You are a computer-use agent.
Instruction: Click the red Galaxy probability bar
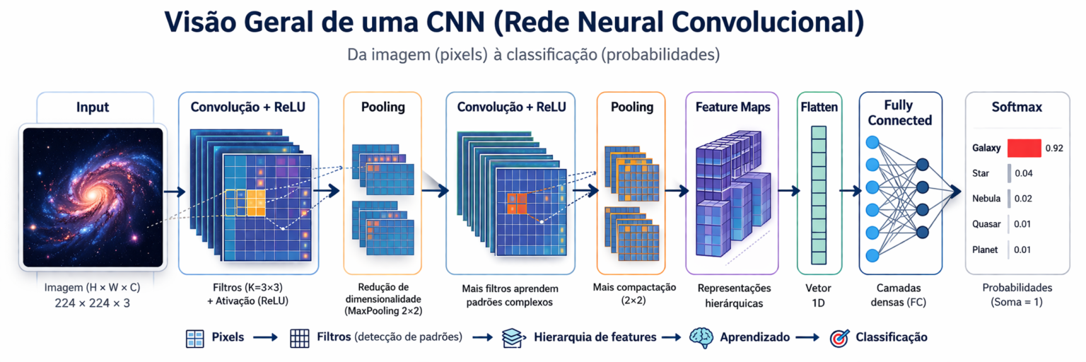pos(1024,148)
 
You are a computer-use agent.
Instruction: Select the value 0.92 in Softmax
pos(1054,148)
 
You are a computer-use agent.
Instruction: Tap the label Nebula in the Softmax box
pos(986,199)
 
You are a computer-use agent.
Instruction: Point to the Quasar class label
pos(986,224)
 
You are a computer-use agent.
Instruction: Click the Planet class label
pos(985,250)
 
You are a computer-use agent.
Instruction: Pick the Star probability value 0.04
pos(1023,173)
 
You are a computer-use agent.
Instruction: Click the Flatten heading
pos(819,107)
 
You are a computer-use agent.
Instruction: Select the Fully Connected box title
pos(900,113)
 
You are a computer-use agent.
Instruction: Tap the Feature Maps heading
pos(732,107)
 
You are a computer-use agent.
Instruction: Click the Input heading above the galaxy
pos(93,107)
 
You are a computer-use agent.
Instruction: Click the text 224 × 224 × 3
pos(93,303)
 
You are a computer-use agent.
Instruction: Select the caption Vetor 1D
pos(819,296)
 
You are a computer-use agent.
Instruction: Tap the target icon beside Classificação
pos(839,337)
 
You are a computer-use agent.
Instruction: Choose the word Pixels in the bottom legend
pos(228,337)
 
